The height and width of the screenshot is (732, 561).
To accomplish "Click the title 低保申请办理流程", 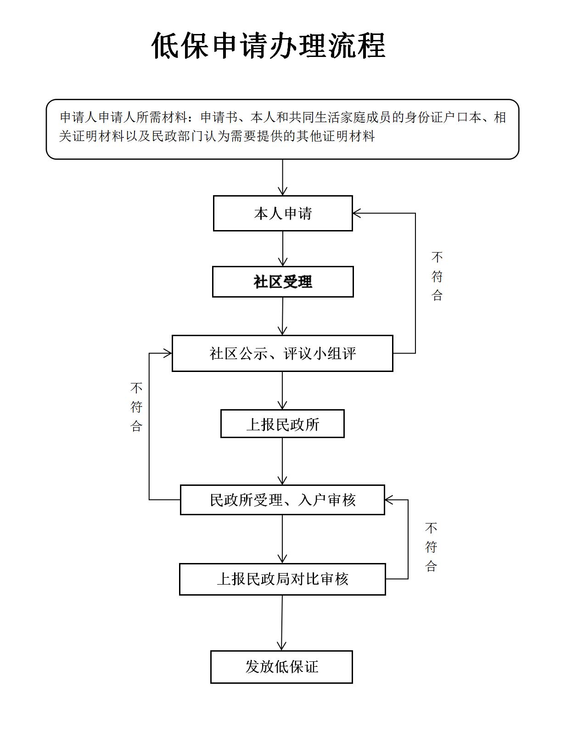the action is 269,46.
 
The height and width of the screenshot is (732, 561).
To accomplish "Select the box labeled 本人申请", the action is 283,213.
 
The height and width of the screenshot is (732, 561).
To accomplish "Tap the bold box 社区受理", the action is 283,282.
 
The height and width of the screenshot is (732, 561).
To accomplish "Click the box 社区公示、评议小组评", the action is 282,353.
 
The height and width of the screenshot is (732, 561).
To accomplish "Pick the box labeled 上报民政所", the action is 282,423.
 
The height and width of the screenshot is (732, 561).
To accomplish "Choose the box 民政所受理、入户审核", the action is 282,500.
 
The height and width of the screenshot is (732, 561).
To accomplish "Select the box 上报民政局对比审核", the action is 282,579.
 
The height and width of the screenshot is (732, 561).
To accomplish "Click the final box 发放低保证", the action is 281,667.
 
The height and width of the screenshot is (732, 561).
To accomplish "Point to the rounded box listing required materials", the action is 282,129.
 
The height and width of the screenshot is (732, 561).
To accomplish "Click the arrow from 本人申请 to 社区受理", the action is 283,248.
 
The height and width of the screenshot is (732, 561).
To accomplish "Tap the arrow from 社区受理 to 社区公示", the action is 282,316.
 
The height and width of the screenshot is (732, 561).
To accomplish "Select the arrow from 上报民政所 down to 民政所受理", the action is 282,461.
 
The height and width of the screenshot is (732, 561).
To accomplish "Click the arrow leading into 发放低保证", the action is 282,623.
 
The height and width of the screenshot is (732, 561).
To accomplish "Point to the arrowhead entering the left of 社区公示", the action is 168,353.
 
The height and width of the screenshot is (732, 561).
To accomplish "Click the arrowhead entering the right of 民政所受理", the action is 388,500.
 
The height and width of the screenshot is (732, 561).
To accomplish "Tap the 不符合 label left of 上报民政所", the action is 136,407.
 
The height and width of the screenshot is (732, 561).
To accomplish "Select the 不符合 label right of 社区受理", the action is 437,276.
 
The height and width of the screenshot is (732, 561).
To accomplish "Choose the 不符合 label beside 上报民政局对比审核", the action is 431,547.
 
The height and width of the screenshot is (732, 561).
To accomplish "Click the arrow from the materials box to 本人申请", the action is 282,177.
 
